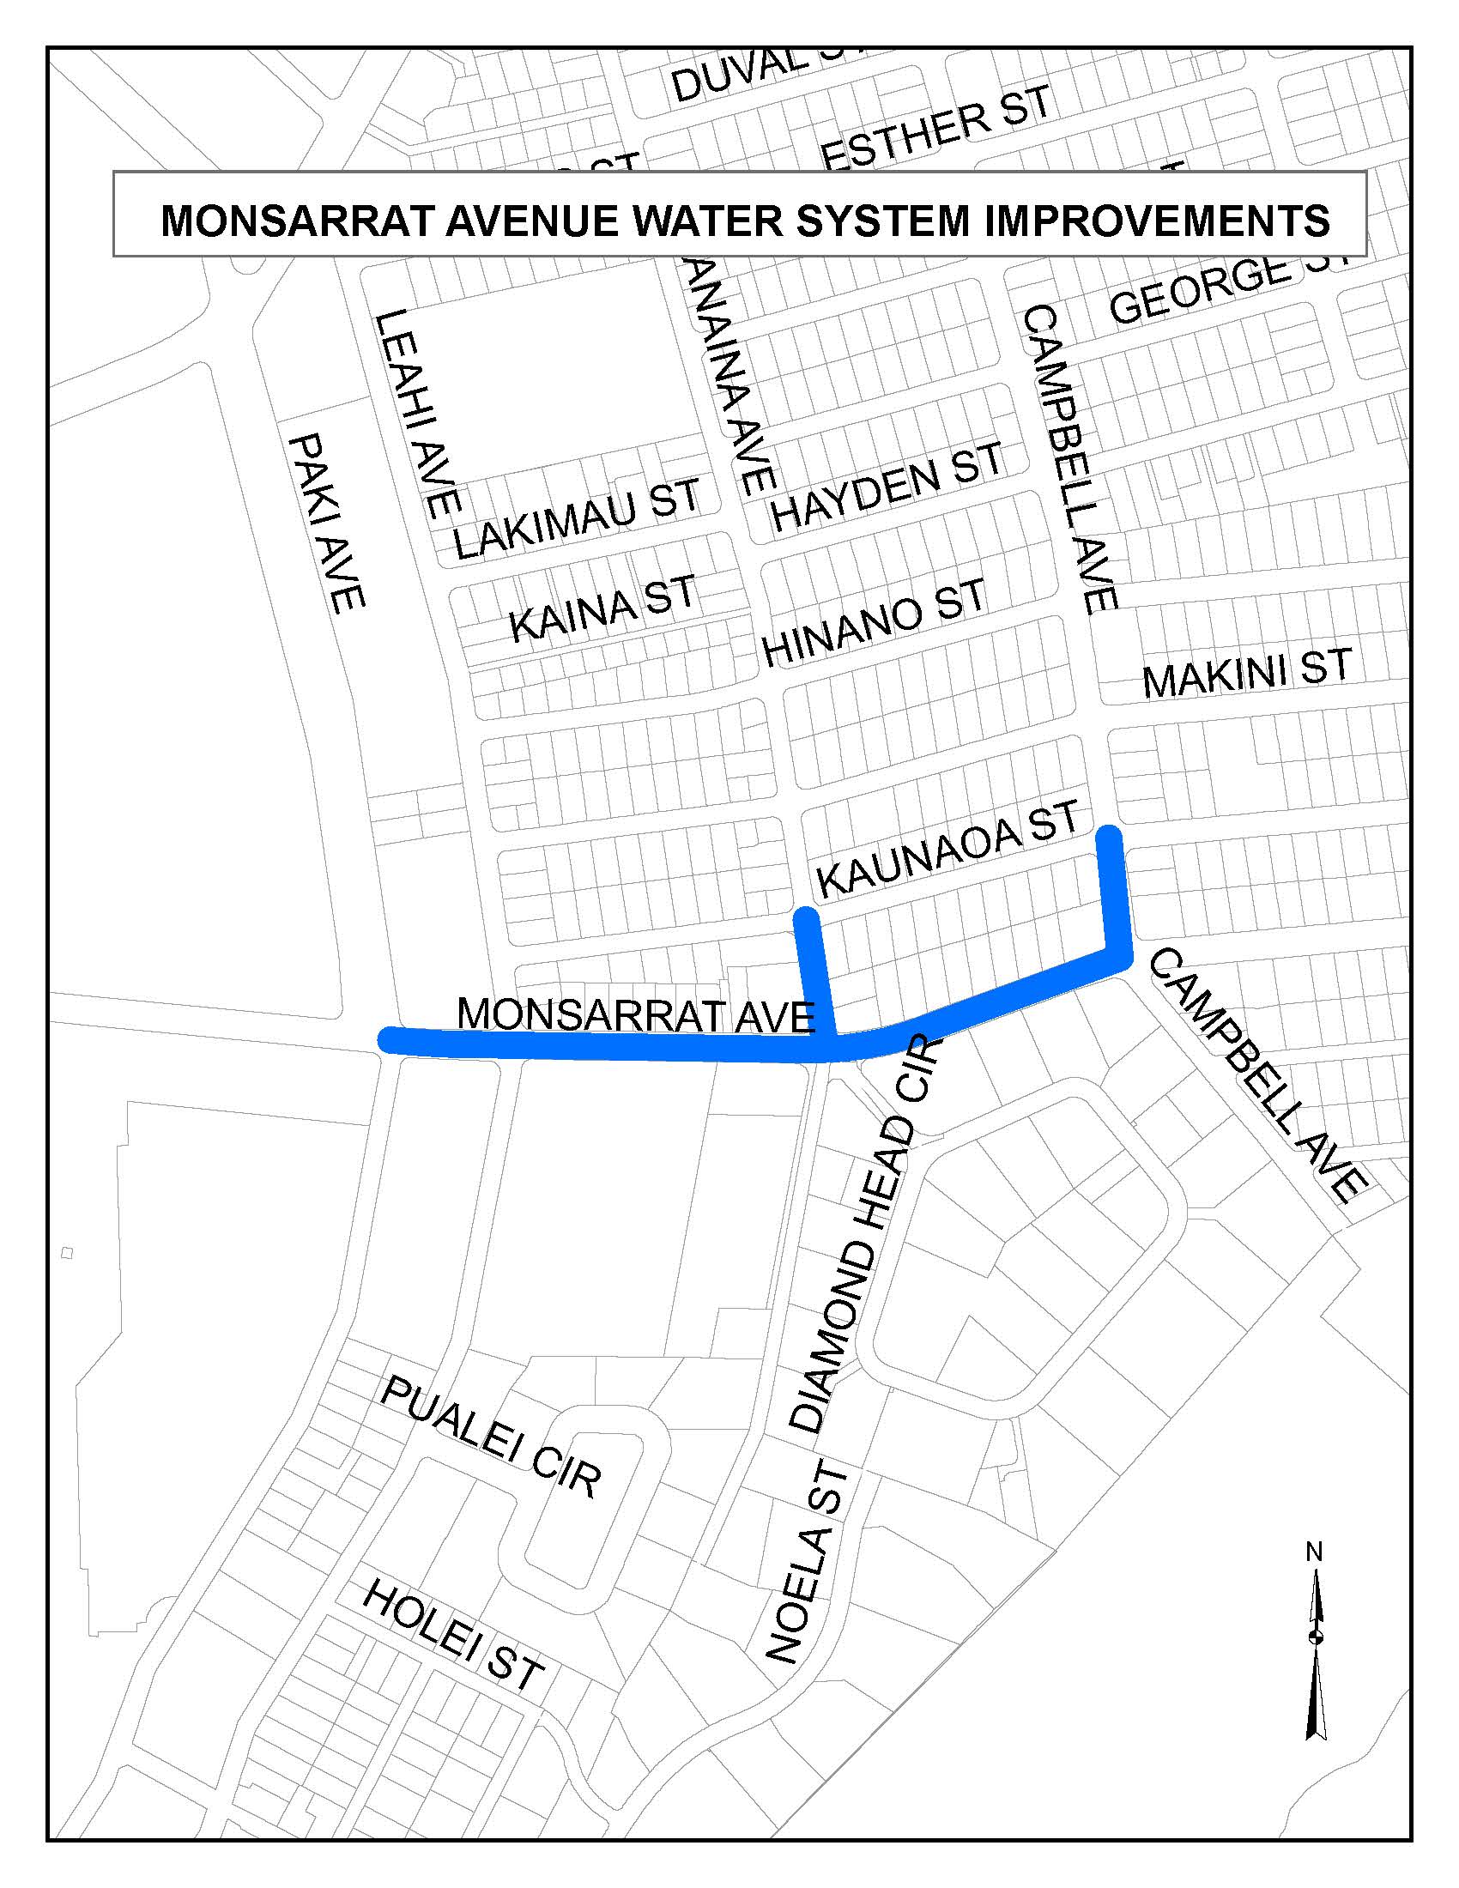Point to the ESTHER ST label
click(936, 134)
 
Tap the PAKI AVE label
click(326, 523)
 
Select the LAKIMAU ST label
click(577, 518)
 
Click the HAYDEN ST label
click(887, 486)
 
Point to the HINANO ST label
click(873, 622)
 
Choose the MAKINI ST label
click(1246, 673)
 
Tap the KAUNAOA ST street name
click(948, 848)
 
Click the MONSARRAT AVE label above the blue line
click(635, 1015)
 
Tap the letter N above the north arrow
click(1314, 1552)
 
